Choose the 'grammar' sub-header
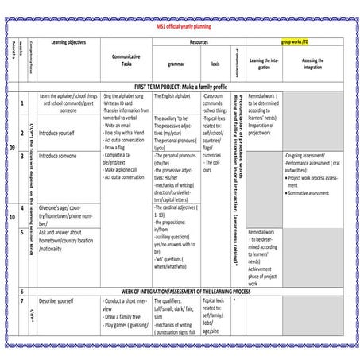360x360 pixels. pos(176,63)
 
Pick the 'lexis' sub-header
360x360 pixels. pos(215,63)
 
